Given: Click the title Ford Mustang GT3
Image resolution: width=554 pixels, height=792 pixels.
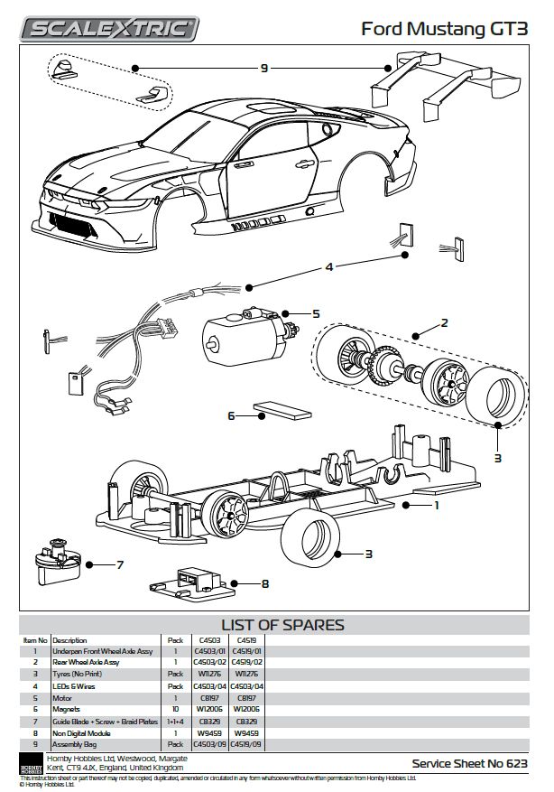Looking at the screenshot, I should coord(445,29).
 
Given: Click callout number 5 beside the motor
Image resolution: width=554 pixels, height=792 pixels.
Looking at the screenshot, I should coord(316,313).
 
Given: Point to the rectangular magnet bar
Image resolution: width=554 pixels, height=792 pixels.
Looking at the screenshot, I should coord(283,412).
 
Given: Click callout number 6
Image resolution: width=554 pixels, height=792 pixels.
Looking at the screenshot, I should coord(232,416).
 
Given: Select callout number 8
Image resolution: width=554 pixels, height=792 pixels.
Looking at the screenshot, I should coord(264,584).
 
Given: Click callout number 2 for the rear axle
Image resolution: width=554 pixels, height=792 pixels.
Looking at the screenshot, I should coord(444,322).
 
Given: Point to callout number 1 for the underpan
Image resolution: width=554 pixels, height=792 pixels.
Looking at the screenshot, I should coord(437,507).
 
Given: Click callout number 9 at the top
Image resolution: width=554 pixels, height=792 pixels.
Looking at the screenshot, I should coord(264,68).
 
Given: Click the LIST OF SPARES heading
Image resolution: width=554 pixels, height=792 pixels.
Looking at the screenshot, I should coord(282,625).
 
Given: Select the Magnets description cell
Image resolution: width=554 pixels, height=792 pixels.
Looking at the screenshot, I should coord(69,710).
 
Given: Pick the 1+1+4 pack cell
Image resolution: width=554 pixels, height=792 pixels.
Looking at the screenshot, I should coord(175,722).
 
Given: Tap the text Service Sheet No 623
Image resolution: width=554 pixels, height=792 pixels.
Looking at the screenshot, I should coord(469,763).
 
